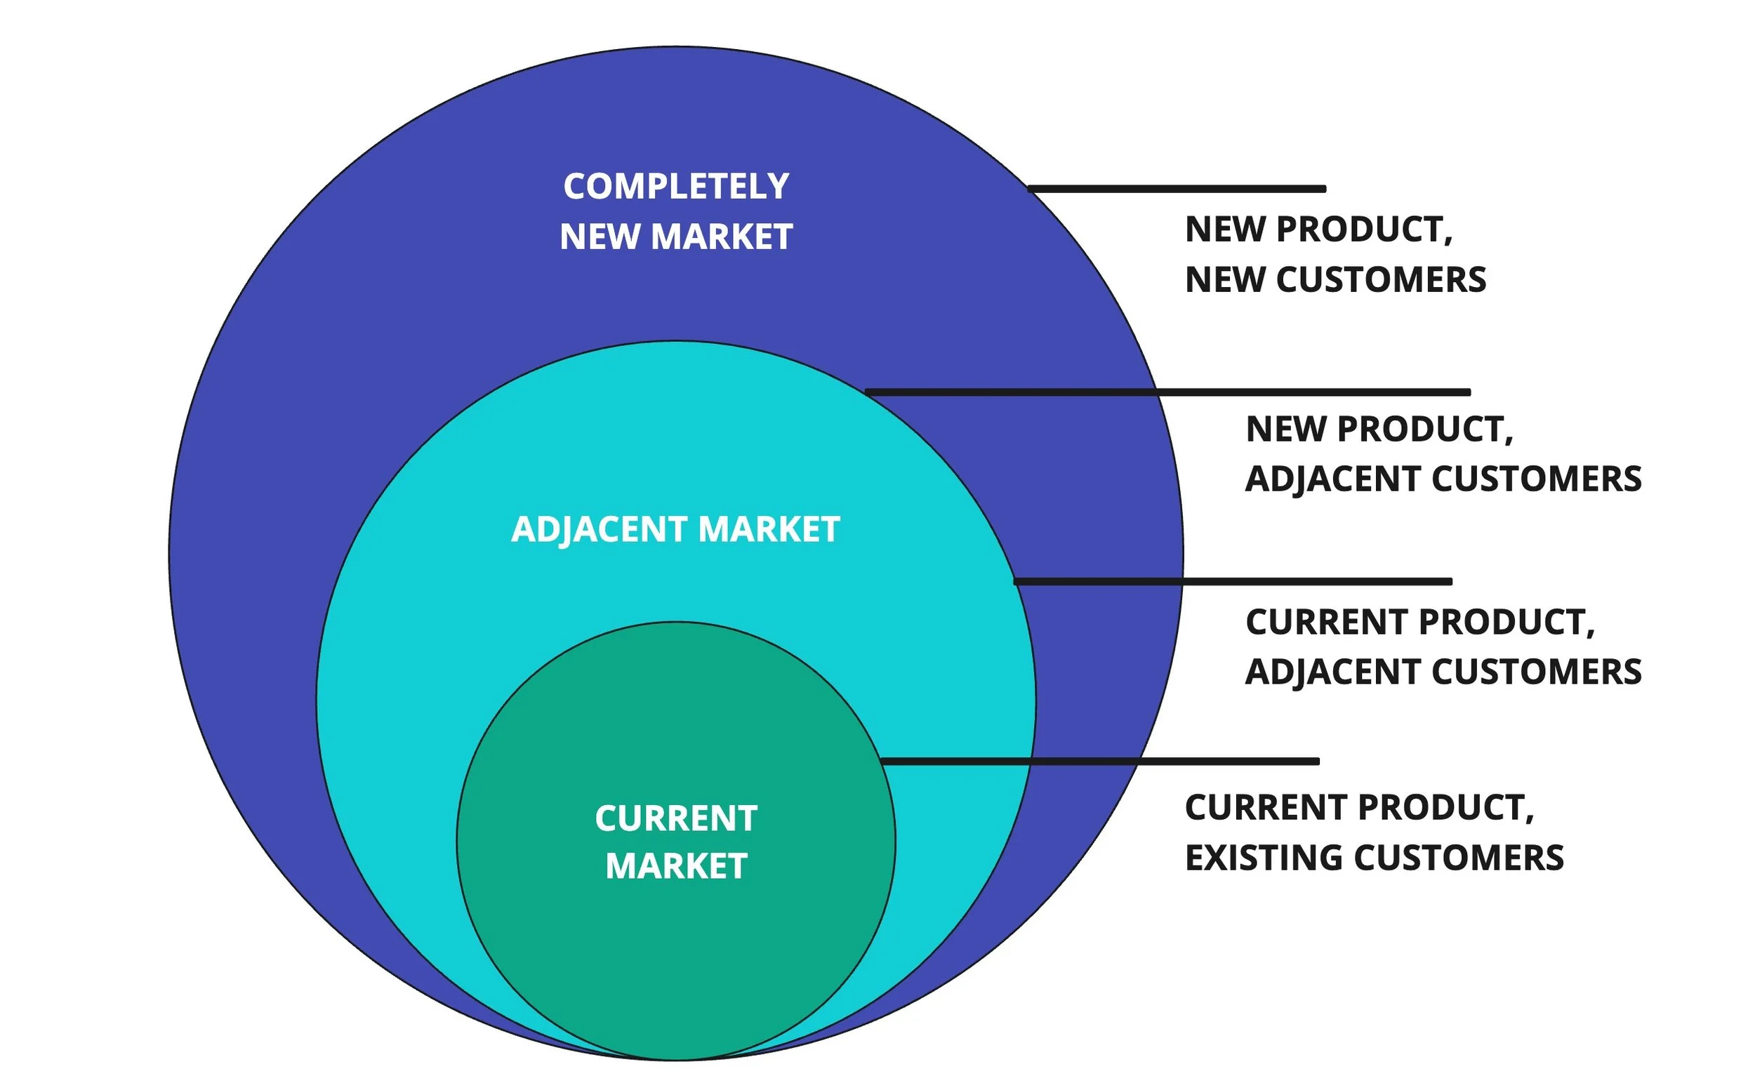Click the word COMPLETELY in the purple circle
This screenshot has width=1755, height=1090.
pyautogui.click(x=675, y=187)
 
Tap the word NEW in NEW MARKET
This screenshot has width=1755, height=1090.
pyautogui.click(x=601, y=237)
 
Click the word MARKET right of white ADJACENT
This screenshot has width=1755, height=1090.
pyautogui.click(x=769, y=529)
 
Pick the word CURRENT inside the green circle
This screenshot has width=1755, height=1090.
pyautogui.click(x=675, y=818)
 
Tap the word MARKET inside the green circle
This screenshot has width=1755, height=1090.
pyautogui.click(x=675, y=866)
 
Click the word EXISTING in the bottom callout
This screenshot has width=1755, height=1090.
pyautogui.click(x=1264, y=858)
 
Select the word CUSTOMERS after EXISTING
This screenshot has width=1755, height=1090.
pyautogui.click(x=1459, y=858)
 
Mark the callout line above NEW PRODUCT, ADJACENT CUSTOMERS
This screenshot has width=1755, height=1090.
pyautogui.click(x=1168, y=392)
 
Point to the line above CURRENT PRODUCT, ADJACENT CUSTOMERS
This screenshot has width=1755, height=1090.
pyautogui.click(x=1233, y=581)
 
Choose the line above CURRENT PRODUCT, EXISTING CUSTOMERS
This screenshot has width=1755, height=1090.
pyautogui.click(x=1100, y=762)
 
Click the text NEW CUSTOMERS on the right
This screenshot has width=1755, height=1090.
pyautogui.click(x=1335, y=280)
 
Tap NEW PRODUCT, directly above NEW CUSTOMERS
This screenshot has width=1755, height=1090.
pyautogui.click(x=1319, y=230)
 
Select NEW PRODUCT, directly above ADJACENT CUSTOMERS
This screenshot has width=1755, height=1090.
pyautogui.click(x=1379, y=429)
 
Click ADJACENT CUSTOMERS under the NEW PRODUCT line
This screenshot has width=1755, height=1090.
pyautogui.click(x=1443, y=479)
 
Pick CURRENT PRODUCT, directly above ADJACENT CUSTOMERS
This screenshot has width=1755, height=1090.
pyautogui.click(x=1419, y=622)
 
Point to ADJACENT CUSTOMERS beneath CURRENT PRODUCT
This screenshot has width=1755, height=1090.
pyautogui.click(x=1443, y=672)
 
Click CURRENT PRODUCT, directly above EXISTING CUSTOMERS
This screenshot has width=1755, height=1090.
pyautogui.click(x=1359, y=807)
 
